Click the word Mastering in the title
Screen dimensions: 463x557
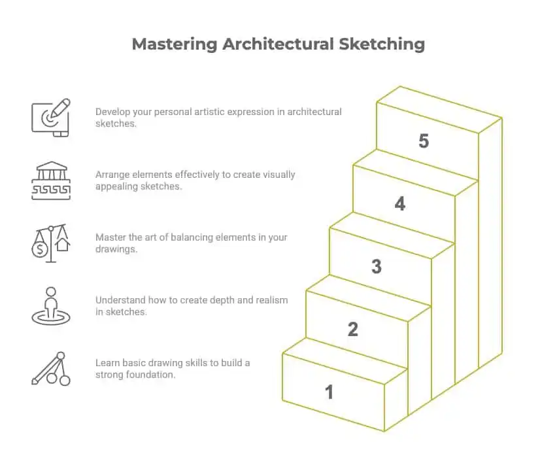tap(174, 44)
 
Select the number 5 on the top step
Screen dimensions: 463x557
tap(424, 141)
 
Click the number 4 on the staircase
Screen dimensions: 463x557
tap(400, 204)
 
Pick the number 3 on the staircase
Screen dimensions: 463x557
tap(377, 267)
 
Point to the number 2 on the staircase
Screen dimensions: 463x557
tap(353, 330)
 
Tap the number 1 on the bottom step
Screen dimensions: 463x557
tap(329, 392)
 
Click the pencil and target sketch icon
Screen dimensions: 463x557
tap(51, 117)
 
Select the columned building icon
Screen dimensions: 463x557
tap(51, 180)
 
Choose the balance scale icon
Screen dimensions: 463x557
tap(51, 243)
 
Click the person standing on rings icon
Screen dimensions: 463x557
tap(51, 305)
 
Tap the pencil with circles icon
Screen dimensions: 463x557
tap(51, 368)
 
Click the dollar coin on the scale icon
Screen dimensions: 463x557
tap(41, 249)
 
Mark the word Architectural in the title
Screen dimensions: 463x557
tap(279, 44)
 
